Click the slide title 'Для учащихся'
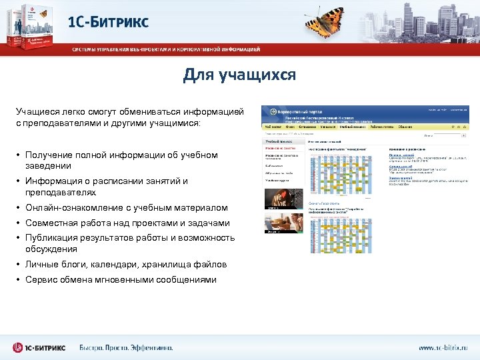239,75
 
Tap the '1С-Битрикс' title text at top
108,21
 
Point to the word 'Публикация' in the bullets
49,238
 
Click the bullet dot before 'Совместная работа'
19,223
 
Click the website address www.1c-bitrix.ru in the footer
443,347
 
